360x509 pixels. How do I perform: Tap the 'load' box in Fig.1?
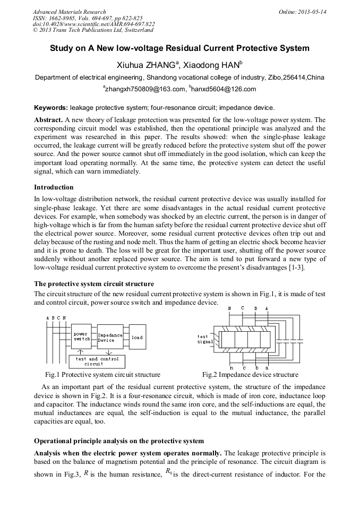tap(137, 338)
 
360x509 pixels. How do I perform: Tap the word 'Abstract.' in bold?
tap(49, 120)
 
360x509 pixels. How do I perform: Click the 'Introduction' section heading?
tap(54, 187)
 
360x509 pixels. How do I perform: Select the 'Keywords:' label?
tap(51, 107)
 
